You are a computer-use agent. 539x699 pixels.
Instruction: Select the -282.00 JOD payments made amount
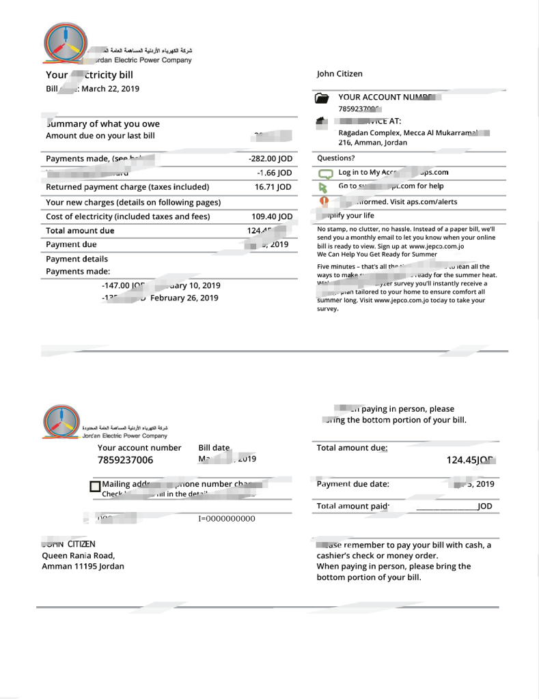pos(271,158)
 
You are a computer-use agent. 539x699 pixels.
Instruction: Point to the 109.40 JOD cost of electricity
pos(272,216)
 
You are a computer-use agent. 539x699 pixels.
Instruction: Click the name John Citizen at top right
pos(340,74)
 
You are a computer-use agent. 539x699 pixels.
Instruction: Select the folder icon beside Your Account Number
pos(322,98)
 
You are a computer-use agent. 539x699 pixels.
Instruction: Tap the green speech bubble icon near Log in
pos(325,173)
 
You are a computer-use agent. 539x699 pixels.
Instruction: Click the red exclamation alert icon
pos(325,201)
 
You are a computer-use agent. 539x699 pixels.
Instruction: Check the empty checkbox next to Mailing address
pos(95,487)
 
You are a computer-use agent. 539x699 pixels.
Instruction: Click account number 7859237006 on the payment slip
pos(126,460)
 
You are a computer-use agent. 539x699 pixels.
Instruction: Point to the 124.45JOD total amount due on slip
pos(471,460)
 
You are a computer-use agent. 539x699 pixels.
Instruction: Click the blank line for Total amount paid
pos(446,507)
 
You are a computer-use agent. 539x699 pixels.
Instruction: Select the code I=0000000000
pos(227,519)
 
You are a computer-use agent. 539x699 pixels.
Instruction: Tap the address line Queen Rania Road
pos(78,555)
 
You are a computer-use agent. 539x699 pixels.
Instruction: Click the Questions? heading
pos(335,158)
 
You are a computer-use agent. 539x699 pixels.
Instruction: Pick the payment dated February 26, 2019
pos(184,298)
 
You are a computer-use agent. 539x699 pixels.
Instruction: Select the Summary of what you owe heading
pos(102,124)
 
